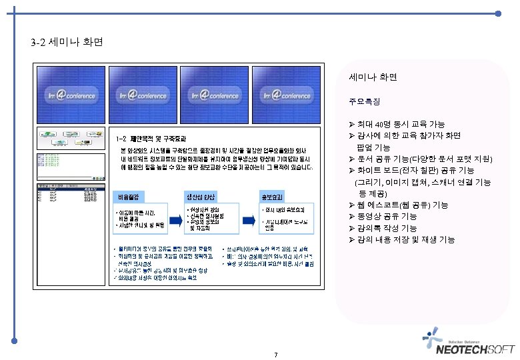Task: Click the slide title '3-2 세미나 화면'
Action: pyautogui.click(x=67, y=44)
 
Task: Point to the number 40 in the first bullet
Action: pyautogui.click(x=379, y=125)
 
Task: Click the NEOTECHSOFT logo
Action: pyautogui.click(x=474, y=345)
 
